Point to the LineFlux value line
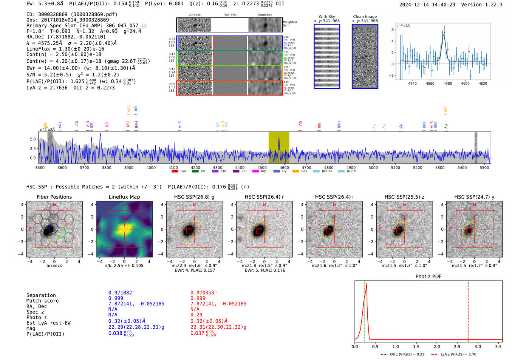tap(65, 49)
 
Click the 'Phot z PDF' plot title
tap(428, 276)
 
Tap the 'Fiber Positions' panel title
tap(54, 197)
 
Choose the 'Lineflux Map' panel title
tap(124, 197)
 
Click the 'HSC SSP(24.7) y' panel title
tap(474, 197)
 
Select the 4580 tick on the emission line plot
tap(447, 83)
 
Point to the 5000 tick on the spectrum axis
tap(373, 167)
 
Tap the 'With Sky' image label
tap(326, 17)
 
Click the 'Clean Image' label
tap(365, 17)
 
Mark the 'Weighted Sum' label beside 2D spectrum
tap(289, 23)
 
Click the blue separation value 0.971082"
tap(121, 293)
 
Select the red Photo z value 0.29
tap(196, 315)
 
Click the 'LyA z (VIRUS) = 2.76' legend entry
tap(458, 354)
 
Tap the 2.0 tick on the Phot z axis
tap(436, 346)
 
